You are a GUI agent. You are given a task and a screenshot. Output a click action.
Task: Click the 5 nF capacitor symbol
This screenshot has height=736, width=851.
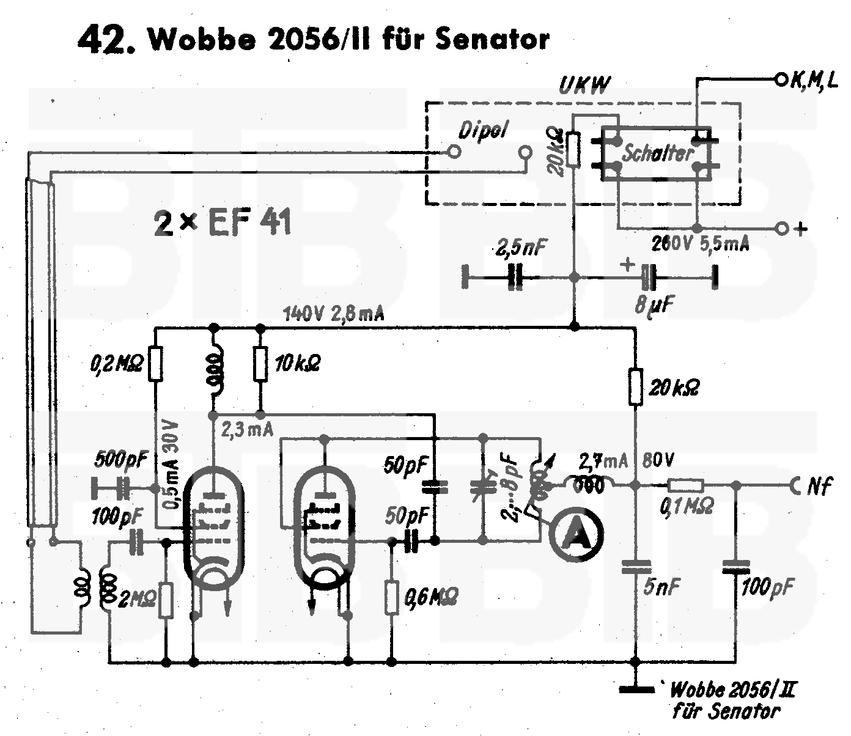636,567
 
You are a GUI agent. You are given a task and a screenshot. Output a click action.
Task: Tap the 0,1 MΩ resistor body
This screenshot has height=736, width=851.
685,486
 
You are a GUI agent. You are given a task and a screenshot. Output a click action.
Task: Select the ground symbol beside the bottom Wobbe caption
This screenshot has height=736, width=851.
636,690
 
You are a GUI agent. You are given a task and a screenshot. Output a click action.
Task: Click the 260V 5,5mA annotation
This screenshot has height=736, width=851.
701,244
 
